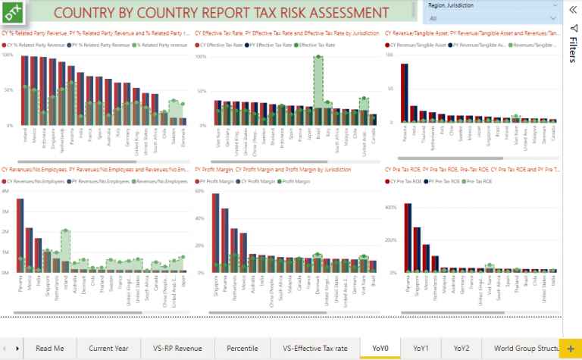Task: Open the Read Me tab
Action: point(50,348)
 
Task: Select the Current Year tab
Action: point(108,348)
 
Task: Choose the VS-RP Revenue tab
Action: point(177,348)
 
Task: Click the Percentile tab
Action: point(242,348)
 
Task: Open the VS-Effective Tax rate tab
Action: point(314,348)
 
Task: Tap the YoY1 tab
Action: point(421,348)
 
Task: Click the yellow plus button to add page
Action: point(570,348)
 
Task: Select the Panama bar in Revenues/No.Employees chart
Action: point(20,235)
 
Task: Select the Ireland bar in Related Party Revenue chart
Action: point(25,90)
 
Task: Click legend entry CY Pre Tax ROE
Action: point(405,182)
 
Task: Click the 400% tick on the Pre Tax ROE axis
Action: point(392,207)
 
